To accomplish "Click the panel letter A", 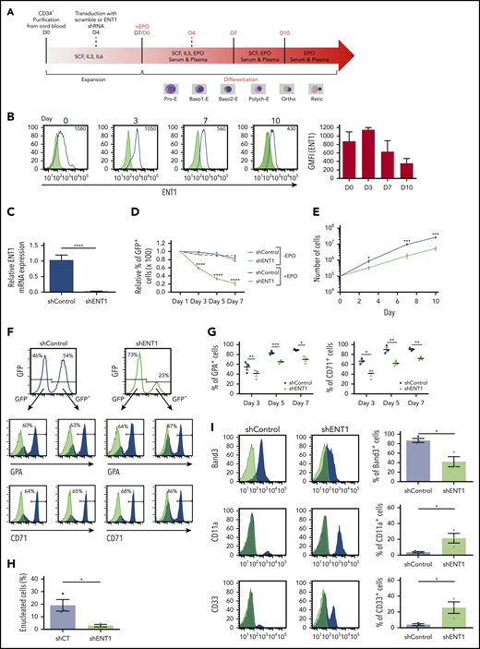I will [6, 6].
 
